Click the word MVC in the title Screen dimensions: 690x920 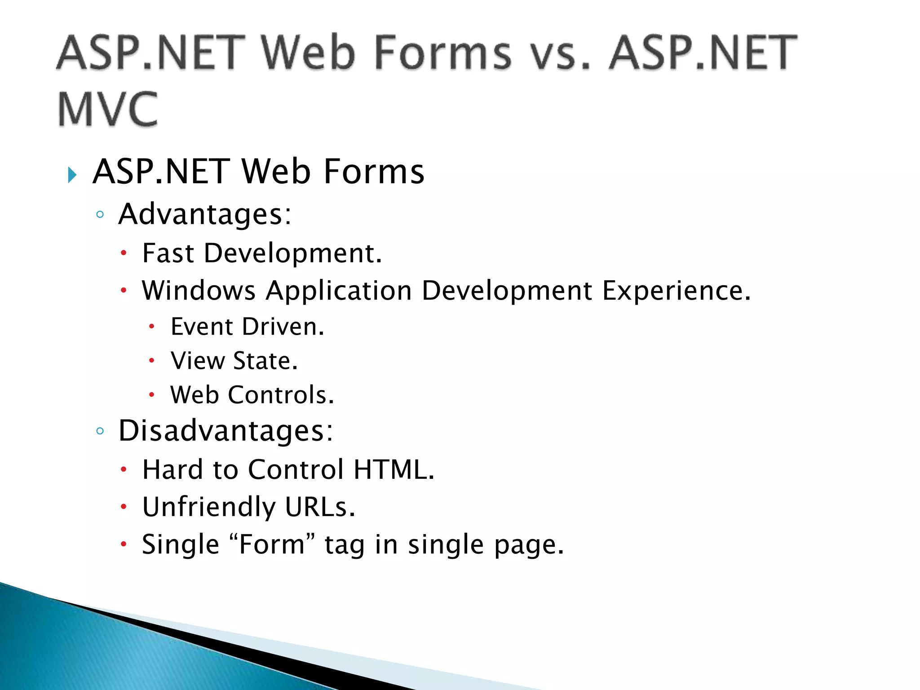tap(108, 109)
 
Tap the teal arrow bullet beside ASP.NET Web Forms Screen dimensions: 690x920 tap(72, 175)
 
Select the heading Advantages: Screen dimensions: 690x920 tap(205, 214)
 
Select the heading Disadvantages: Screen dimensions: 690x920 tap(226, 431)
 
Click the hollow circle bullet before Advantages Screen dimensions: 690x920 tap(100, 215)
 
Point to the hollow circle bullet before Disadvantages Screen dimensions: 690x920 tap(100, 431)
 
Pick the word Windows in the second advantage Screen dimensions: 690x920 tap(199, 290)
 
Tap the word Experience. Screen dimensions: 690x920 tap(676, 291)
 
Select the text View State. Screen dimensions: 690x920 tap(234, 361)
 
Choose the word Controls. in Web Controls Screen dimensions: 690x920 tap(281, 395)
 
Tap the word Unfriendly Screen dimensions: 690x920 tap(208, 507)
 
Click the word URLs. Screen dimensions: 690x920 tap(320, 507)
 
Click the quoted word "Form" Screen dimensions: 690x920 tap(272, 544)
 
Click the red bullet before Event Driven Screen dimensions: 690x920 tap(152, 327)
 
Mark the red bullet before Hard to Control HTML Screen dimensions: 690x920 tap(124, 470)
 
